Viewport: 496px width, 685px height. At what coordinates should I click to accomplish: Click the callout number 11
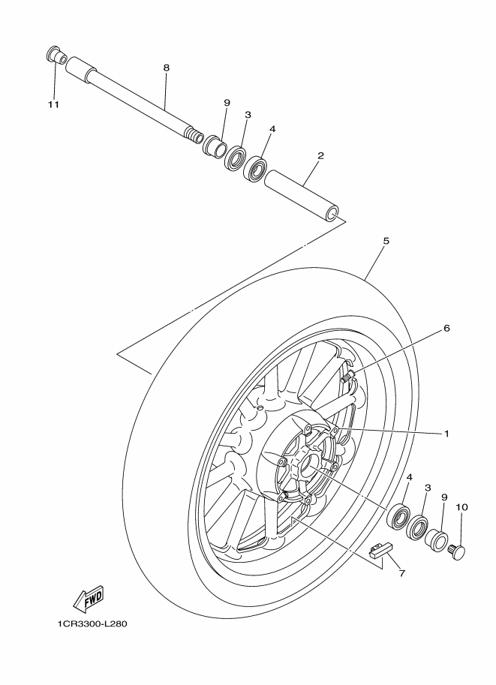tap(53, 104)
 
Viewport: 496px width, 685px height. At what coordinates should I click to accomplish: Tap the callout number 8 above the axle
tap(166, 68)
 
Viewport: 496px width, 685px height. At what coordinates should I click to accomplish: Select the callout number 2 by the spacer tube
tap(320, 156)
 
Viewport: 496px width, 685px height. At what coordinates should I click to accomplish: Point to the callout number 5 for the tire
tap(386, 242)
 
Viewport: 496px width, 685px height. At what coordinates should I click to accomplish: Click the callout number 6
tap(446, 328)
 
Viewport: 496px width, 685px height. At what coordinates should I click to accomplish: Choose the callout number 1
tap(446, 433)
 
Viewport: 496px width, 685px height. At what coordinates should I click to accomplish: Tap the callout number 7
tap(401, 574)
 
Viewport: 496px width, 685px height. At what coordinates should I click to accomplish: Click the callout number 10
tap(461, 507)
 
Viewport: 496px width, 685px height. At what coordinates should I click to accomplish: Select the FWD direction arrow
tap(89, 598)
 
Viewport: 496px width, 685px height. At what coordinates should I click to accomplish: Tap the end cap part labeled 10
tap(456, 553)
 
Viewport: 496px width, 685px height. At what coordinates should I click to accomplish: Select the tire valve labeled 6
tap(347, 376)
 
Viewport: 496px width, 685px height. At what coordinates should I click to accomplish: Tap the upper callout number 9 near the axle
tap(226, 103)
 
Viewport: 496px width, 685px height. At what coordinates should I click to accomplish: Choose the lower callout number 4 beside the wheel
tap(409, 477)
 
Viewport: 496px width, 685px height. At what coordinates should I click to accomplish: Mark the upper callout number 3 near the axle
tap(248, 115)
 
